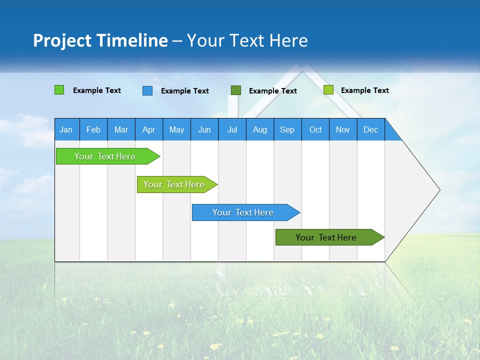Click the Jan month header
point(66,129)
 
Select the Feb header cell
point(93,129)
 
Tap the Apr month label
point(149,129)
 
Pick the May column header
point(176,129)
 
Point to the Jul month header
point(232,129)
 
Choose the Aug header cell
point(260,129)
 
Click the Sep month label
point(287,129)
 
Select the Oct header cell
point(315,129)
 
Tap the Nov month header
point(343,129)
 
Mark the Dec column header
point(371,129)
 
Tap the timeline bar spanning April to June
point(175,184)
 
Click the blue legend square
point(147,90)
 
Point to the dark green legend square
point(236,90)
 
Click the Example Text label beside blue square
point(185,91)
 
